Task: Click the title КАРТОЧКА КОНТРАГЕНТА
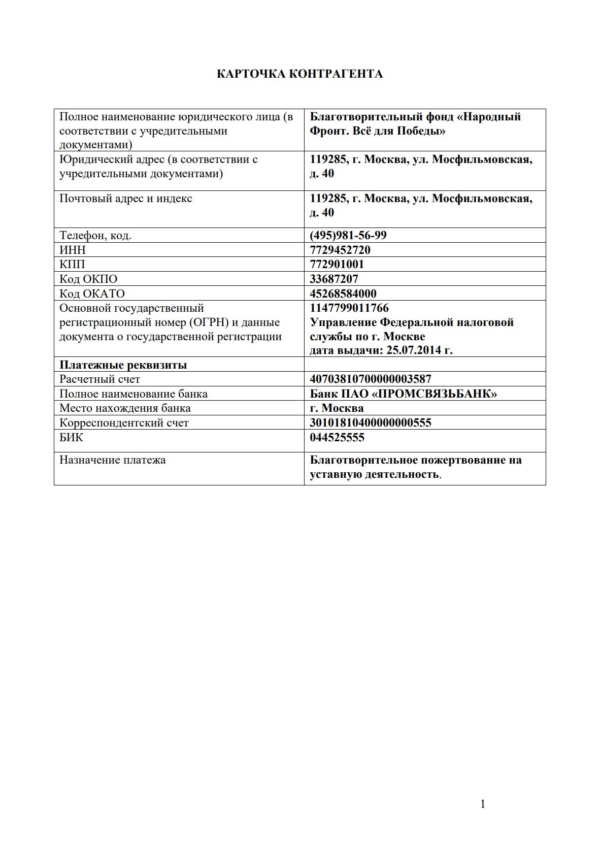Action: (299, 74)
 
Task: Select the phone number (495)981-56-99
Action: (348, 235)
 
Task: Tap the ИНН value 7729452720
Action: (340, 250)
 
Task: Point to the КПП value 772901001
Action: (337, 264)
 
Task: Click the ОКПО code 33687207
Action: (334, 279)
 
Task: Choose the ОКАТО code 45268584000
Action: (343, 293)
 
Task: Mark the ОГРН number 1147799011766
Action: (349, 308)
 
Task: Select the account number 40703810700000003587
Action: (371, 379)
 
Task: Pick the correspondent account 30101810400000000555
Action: (371, 422)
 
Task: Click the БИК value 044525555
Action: (337, 437)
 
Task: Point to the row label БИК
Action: (71, 437)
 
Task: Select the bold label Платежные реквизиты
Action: (123, 365)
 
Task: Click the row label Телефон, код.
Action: (95, 235)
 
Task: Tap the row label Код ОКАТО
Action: (92, 293)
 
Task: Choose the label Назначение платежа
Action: (113, 460)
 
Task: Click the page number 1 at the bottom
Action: (483, 804)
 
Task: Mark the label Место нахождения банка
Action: (125, 408)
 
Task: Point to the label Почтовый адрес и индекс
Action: (126, 199)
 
